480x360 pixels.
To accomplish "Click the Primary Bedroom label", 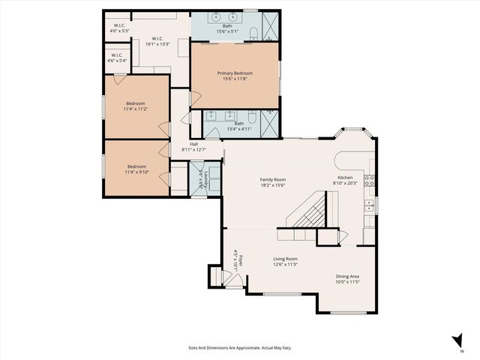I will click(235, 73).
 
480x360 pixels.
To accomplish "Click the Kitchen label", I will click(344, 178).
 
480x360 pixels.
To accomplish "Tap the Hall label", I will click(193, 144).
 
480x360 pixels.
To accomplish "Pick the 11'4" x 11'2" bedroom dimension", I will click(136, 109).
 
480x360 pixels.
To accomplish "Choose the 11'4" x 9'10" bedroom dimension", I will click(136, 172).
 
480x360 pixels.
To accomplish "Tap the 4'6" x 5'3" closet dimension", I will click(119, 31).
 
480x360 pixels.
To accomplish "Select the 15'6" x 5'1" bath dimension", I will click(226, 31).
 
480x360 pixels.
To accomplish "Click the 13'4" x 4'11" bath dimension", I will click(239, 128).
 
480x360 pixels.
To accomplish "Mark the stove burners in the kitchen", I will click(369, 180).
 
